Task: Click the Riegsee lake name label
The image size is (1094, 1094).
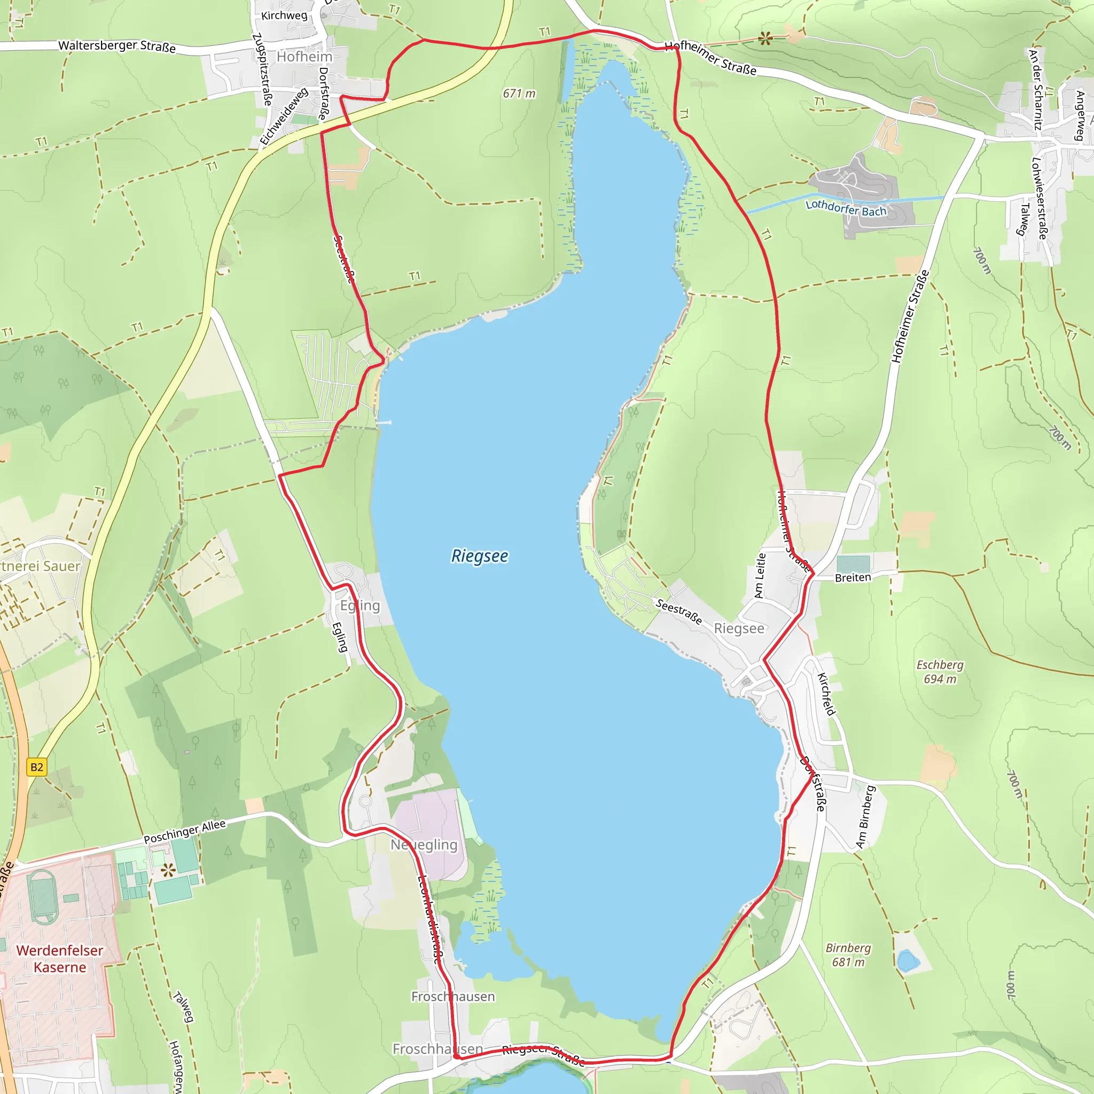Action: pos(479,556)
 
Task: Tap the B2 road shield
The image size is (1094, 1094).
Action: pos(37,767)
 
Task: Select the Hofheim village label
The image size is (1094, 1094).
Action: pos(304,57)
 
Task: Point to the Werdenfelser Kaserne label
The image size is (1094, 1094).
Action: pos(59,958)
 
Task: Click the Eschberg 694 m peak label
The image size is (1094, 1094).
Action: pos(940,671)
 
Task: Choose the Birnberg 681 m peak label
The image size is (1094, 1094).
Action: pos(848,955)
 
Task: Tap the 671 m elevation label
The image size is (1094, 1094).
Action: pos(518,93)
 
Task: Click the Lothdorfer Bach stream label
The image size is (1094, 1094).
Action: pos(846,208)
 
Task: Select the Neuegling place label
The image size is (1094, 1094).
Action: pos(424,845)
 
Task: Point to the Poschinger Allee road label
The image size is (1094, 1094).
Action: pos(185,831)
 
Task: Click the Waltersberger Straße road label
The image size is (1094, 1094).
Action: pos(116,46)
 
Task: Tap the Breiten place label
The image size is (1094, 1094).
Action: pos(852,577)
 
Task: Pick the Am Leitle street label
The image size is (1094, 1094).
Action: pos(760,575)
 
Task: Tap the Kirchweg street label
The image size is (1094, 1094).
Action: pos(284,15)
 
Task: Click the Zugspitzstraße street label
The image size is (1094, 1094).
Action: pos(262,69)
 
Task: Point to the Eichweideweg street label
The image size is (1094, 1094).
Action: pos(284,115)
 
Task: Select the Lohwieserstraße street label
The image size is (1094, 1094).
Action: pos(1040,198)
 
